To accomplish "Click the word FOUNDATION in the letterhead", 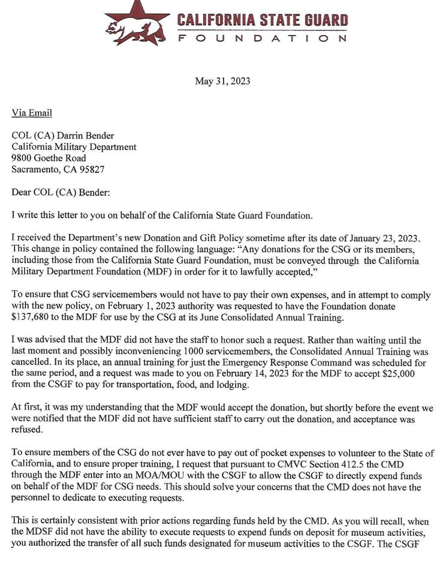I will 262,38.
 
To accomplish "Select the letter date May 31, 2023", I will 222,81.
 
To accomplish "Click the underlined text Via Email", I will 32,113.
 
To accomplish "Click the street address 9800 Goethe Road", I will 49,158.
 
